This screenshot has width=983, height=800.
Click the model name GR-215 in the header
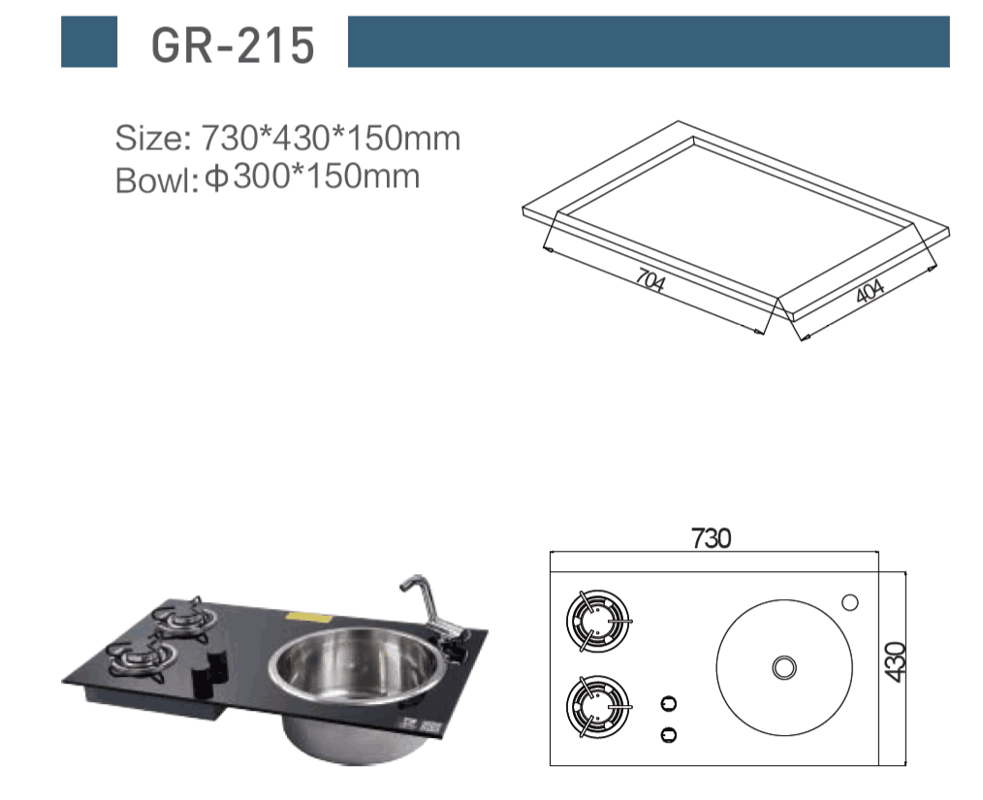233,46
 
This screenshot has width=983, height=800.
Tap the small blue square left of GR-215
89,42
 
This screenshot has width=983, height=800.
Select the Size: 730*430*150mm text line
288,138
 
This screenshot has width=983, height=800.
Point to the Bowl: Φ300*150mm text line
268,178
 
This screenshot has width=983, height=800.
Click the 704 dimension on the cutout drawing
650,279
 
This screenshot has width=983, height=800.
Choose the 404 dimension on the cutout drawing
871,290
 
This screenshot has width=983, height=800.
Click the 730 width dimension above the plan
711,538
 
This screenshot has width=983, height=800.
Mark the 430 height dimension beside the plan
897,661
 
